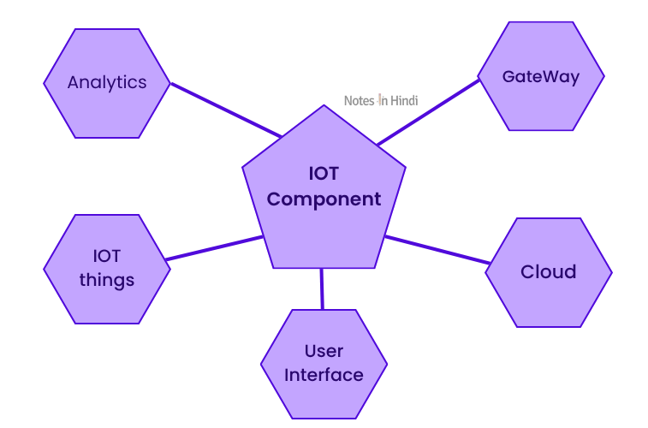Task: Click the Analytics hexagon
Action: (106, 83)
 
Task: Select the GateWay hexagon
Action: (540, 76)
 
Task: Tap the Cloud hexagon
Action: (548, 272)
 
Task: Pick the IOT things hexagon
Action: (106, 268)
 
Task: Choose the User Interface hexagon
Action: (324, 363)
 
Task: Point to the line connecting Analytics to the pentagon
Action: (225, 110)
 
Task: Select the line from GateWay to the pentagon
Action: (428, 112)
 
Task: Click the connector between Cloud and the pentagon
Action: (437, 249)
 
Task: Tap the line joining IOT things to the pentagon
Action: (214, 248)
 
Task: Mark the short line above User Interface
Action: (322, 288)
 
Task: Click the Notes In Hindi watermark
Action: (381, 100)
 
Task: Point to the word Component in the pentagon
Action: (324, 199)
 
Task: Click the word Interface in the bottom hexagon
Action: (324, 375)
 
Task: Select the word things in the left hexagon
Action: (107, 280)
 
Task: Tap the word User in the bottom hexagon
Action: (324, 351)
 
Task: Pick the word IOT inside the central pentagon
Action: (324, 174)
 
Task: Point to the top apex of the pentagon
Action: (324, 107)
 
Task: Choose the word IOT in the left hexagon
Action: (107, 256)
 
